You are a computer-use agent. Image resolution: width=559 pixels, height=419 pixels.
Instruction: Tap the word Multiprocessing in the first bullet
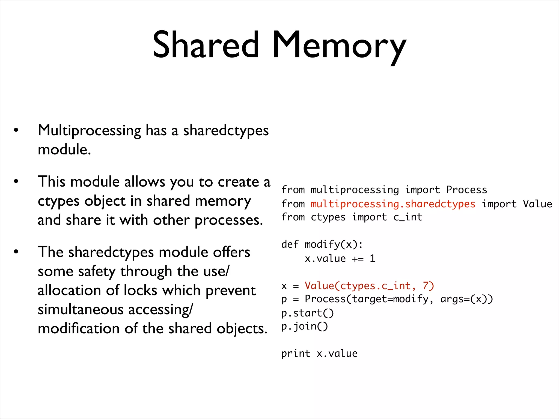(x=89, y=131)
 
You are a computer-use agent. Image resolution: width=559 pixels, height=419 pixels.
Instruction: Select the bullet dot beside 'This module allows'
(x=16, y=181)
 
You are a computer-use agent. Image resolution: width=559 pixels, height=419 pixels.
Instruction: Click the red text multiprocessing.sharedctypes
(x=393, y=204)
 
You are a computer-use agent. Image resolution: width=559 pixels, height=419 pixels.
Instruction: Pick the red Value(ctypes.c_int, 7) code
(x=369, y=286)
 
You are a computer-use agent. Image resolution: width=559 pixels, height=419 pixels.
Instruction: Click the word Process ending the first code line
(x=466, y=190)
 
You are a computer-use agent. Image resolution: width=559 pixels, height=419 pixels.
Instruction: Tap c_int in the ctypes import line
(x=408, y=217)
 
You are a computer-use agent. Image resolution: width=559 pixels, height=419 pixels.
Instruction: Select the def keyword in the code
(x=290, y=244)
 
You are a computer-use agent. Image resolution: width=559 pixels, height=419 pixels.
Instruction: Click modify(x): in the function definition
(x=334, y=244)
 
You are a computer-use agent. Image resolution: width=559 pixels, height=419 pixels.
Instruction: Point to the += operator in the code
(x=358, y=259)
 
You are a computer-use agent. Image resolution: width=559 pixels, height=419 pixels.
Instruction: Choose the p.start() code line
(x=307, y=313)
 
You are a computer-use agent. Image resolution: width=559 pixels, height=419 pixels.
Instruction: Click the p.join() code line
(x=304, y=327)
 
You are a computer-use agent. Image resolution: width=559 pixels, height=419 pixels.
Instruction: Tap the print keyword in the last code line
(x=296, y=354)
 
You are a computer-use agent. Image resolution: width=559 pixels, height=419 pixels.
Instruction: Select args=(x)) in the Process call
(x=466, y=299)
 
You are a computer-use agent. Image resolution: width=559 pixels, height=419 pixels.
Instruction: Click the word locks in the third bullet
(x=140, y=290)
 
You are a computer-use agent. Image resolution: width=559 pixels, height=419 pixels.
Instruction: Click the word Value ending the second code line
(x=537, y=204)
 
